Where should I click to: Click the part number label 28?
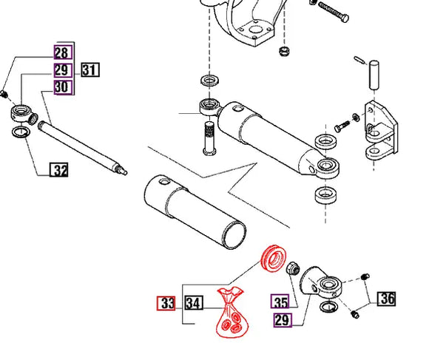point(61,52)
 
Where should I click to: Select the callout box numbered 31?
point(90,70)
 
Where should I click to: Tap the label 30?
point(61,87)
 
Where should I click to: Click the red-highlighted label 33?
point(167,303)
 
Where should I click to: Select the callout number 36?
point(386,299)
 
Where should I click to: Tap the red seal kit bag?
point(231,313)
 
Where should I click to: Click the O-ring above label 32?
point(23,133)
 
